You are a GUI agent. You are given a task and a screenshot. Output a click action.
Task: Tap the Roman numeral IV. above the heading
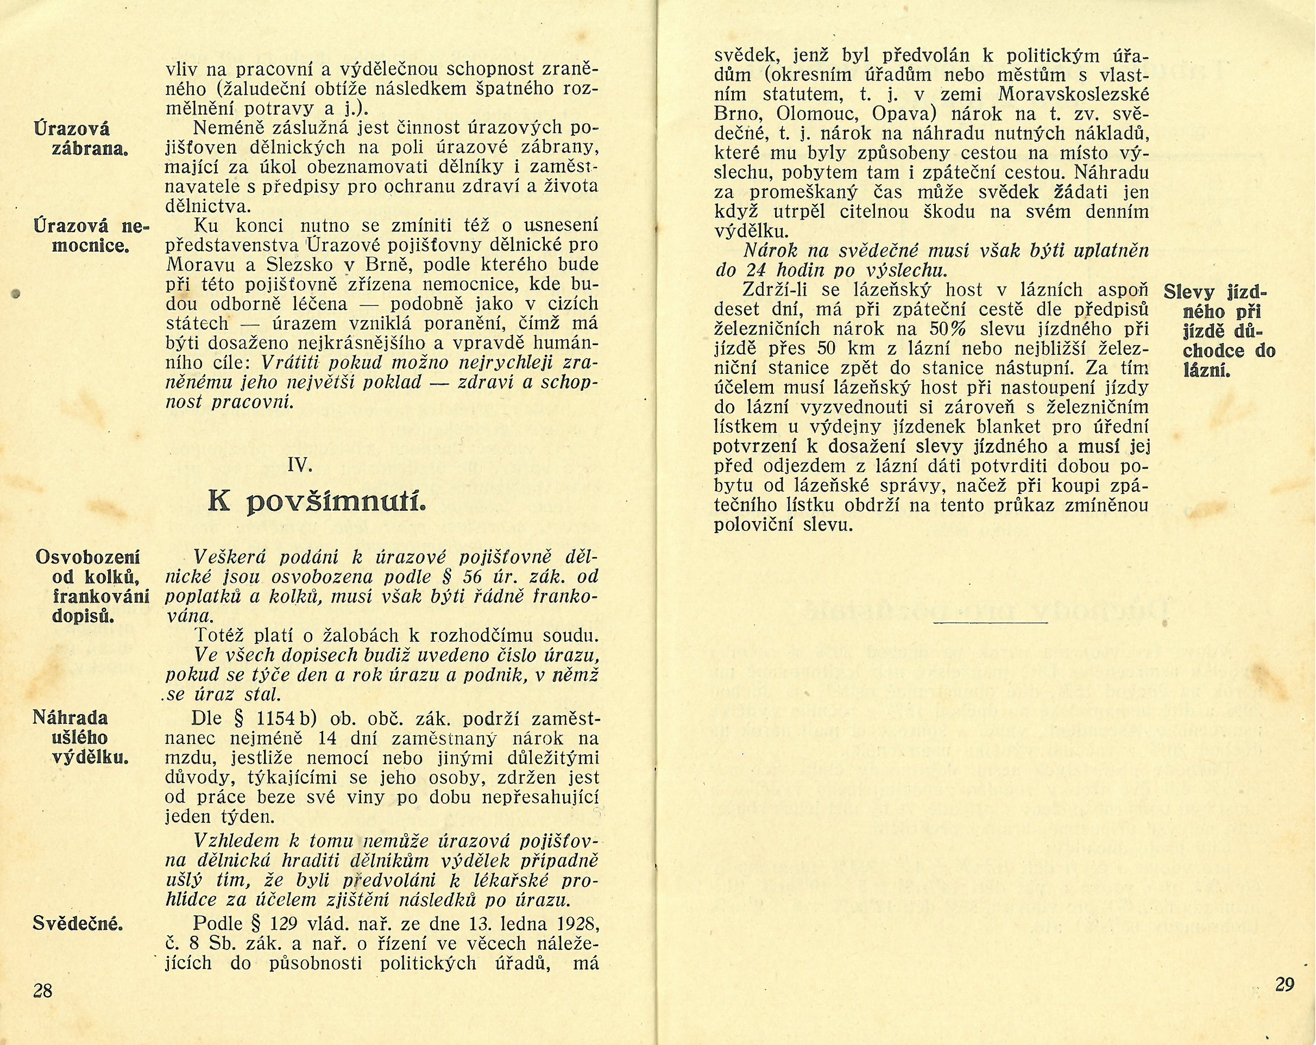click(300, 466)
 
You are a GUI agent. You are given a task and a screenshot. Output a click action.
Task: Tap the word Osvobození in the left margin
click(88, 558)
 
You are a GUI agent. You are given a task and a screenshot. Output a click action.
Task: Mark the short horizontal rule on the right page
click(990, 622)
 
